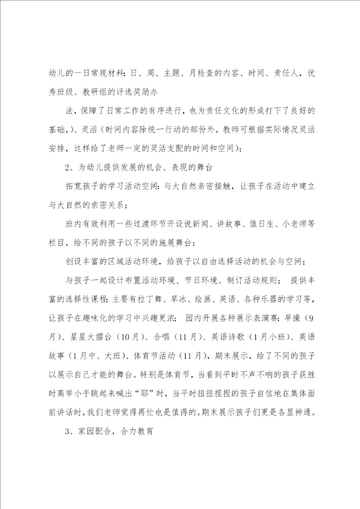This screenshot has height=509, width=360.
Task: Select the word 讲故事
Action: pyautogui.click(x=251, y=224)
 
